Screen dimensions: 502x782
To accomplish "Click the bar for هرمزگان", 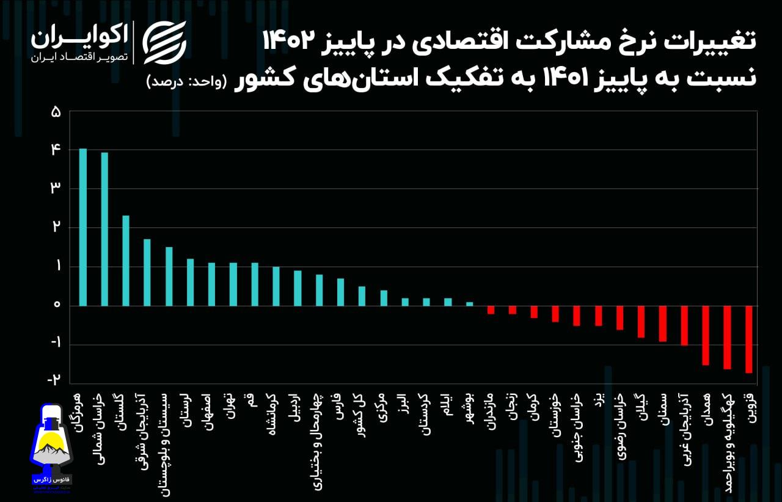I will (83, 227).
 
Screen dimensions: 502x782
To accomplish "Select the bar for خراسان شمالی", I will (104, 229).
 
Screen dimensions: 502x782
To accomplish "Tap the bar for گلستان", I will (126, 260).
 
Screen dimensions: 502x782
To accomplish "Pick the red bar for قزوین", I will (748, 339).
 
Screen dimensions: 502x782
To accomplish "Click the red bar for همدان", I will (706, 336).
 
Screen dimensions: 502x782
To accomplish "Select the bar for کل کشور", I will (362, 296).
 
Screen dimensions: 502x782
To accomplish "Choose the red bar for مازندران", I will (491, 310).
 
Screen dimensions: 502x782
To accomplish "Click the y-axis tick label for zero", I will (56, 305).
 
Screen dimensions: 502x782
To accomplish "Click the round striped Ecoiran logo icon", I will (164, 42).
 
